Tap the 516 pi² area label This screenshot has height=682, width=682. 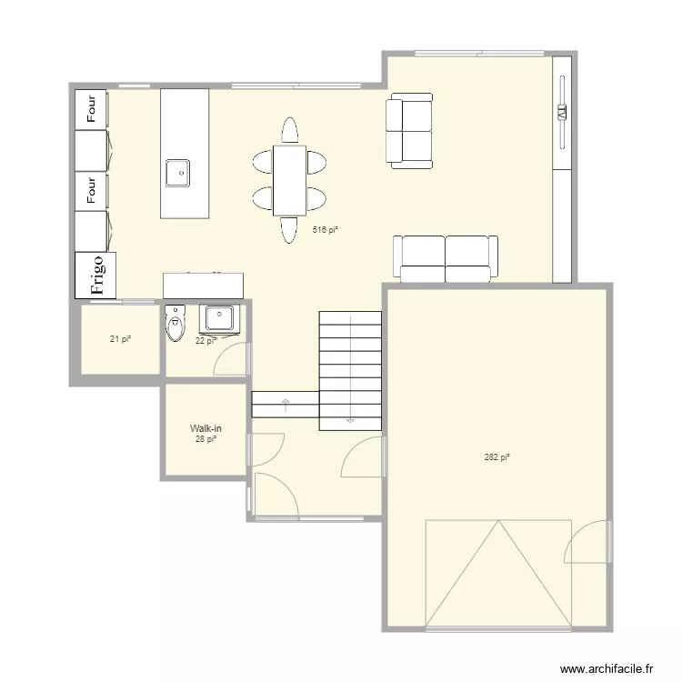click(x=326, y=230)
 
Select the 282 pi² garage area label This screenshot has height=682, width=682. click(x=496, y=457)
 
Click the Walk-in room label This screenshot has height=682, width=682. click(x=206, y=427)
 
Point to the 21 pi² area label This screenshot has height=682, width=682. click(x=120, y=339)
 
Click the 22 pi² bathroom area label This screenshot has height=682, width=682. click(x=206, y=341)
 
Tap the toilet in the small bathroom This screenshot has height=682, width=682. click(x=175, y=323)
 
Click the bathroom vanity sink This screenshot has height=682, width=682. click(x=219, y=318)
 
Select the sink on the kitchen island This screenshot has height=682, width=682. click(x=177, y=171)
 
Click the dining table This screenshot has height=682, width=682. click(x=290, y=180)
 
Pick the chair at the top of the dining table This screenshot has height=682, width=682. click(x=290, y=130)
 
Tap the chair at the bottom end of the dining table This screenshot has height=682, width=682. click(x=290, y=229)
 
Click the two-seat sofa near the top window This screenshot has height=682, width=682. click(x=410, y=133)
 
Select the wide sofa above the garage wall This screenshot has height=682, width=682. click(x=446, y=258)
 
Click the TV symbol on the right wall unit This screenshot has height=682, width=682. click(x=561, y=113)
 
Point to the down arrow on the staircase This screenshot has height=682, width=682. click(x=349, y=419)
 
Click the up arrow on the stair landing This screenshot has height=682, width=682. click(x=286, y=403)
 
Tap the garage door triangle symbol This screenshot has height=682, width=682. click(x=497, y=573)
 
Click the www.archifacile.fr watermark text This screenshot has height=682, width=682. click(x=607, y=668)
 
